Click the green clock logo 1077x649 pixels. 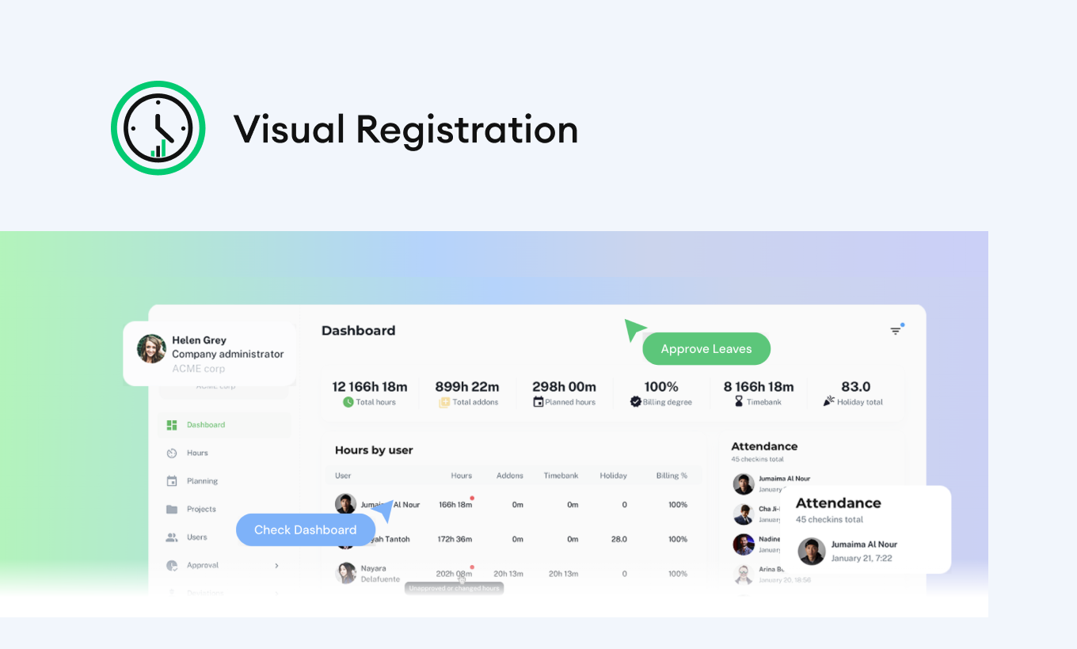(158, 127)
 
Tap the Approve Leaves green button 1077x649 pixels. (706, 349)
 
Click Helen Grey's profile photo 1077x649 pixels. (151, 348)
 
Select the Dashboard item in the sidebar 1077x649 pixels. (206, 425)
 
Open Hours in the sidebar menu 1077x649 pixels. (197, 454)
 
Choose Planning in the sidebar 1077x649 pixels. (202, 481)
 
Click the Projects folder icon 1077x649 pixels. (172, 510)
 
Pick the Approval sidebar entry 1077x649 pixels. (203, 566)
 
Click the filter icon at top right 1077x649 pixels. (896, 331)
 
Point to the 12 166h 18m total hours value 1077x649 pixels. (370, 387)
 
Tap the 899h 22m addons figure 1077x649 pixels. (467, 387)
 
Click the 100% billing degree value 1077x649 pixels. (661, 387)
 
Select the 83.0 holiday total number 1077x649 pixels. (855, 387)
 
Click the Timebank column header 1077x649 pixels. (561, 476)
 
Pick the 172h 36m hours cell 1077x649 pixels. (455, 540)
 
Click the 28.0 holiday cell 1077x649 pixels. (619, 540)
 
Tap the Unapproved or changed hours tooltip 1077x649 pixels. (454, 589)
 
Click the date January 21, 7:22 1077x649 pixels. (862, 559)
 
